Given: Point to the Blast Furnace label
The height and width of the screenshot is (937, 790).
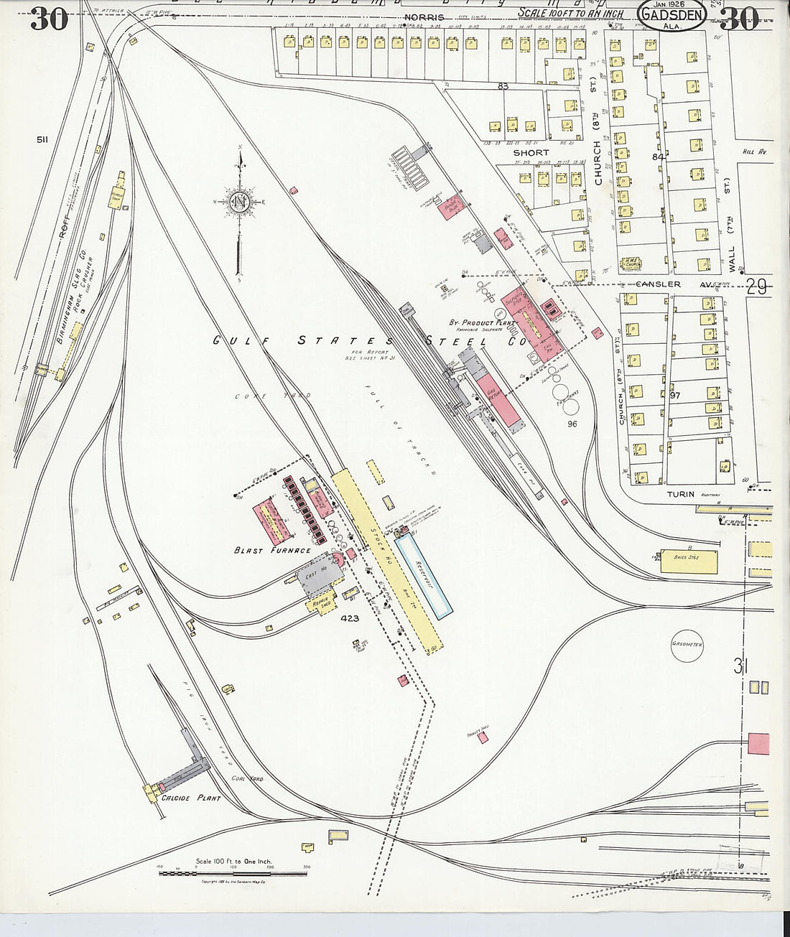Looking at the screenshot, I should [x=272, y=551].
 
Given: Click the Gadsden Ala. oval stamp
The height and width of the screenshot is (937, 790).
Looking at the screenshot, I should [x=671, y=16].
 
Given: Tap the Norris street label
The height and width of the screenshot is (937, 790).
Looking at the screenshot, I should [x=424, y=17].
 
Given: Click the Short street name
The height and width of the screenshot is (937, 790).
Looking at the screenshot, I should [x=531, y=153].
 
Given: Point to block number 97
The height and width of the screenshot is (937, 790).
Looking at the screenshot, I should [x=674, y=396].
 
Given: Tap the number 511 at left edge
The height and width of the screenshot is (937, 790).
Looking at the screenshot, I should [x=42, y=139].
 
